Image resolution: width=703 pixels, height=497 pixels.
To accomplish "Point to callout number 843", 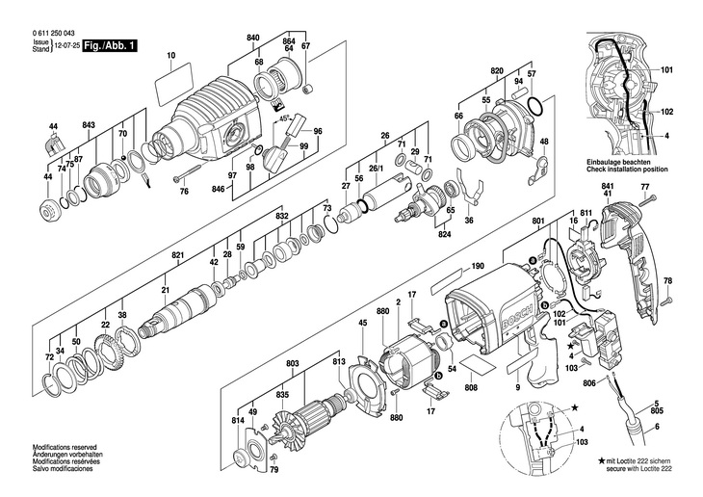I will coord(89,126).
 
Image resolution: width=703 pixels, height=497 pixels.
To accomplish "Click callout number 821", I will coord(177,255).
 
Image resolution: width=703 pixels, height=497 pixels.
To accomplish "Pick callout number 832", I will coord(281,218).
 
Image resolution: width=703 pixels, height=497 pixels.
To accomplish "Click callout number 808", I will coord(471,389).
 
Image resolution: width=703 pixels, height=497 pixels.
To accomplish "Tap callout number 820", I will coord(497,72).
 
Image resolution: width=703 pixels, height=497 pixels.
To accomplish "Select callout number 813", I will coord(338,362).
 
